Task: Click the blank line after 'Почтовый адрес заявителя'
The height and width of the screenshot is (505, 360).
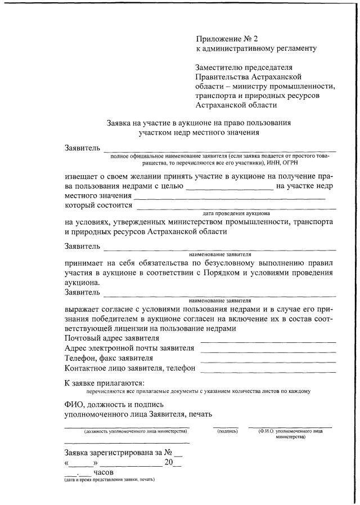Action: (268, 341)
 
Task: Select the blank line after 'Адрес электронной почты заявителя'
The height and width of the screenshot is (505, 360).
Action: (268, 351)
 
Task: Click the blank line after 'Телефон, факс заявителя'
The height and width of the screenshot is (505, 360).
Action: (268, 361)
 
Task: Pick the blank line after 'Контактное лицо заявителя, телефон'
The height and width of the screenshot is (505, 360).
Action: (268, 372)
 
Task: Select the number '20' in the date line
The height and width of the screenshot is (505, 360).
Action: (168, 462)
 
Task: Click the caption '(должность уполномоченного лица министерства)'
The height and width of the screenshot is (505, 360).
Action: (135, 431)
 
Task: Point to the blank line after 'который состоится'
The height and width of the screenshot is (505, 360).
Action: (235, 208)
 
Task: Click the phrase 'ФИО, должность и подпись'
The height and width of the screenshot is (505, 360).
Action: (115, 404)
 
